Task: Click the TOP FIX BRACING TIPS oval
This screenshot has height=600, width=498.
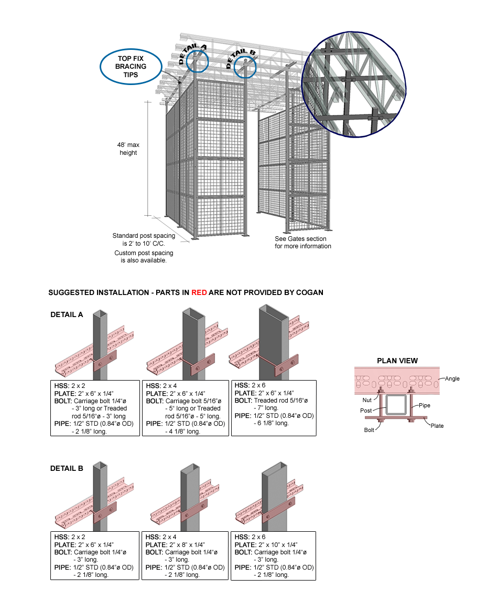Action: pyautogui.click(x=131, y=67)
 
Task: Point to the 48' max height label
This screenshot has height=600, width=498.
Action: pyautogui.click(x=128, y=149)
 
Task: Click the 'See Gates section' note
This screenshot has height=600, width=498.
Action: pyautogui.click(x=303, y=242)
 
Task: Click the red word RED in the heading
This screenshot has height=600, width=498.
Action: pyautogui.click(x=199, y=292)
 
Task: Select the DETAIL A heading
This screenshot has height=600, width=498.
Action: pyautogui.click(x=67, y=315)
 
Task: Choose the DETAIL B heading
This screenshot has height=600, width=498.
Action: pyautogui.click(x=67, y=468)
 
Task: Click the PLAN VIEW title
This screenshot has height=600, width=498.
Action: pyautogui.click(x=397, y=361)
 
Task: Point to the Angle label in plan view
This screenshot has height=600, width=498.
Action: pyautogui.click(x=451, y=378)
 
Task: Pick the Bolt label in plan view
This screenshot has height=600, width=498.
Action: pyautogui.click(x=370, y=429)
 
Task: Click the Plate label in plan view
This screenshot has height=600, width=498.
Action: pyautogui.click(x=437, y=426)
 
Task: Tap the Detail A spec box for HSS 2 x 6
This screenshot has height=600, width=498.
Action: pyautogui.click(x=273, y=408)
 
